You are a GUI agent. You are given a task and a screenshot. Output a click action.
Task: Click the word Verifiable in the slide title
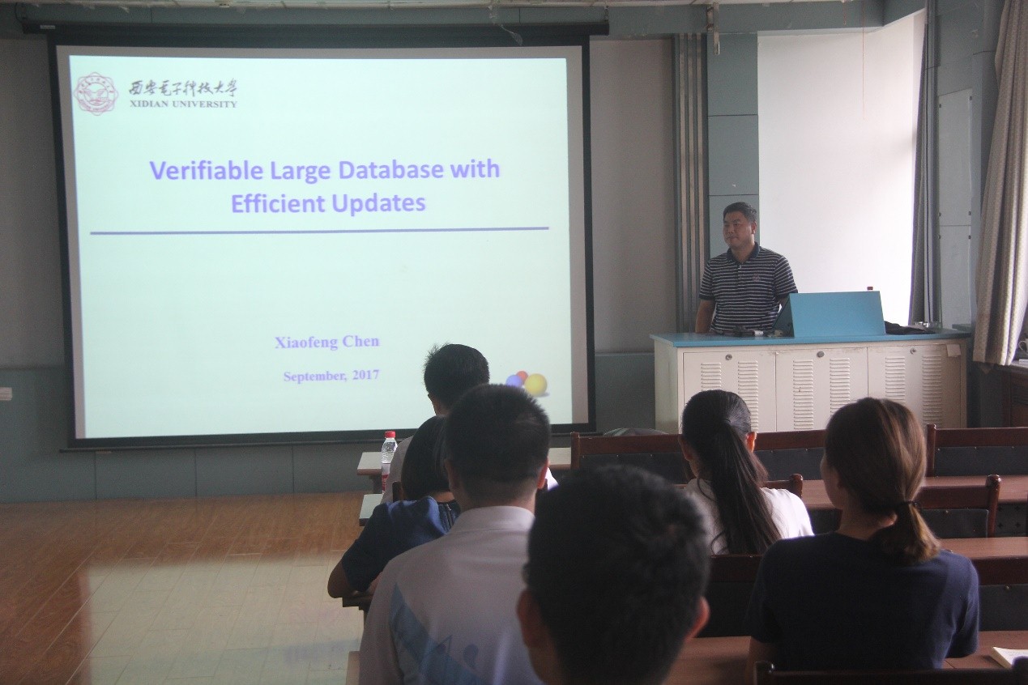point(207,171)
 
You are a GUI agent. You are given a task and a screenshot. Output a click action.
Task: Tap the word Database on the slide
point(391,169)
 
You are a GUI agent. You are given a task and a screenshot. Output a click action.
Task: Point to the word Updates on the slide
point(378,204)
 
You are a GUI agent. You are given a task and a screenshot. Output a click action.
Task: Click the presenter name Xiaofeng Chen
point(327,342)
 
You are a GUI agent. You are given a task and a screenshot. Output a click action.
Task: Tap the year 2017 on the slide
point(366,376)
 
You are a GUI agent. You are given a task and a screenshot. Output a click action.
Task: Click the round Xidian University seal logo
point(96,93)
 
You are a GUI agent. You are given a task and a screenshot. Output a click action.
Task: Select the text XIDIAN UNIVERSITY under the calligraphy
point(182,104)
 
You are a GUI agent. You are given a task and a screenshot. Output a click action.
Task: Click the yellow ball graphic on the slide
point(535,385)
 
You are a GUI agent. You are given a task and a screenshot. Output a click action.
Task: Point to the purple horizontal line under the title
point(319,231)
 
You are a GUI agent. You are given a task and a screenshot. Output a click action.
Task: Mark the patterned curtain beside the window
point(1001,184)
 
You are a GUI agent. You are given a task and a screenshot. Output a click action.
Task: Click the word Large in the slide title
point(301,172)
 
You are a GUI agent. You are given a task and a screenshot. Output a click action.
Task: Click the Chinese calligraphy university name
point(182,87)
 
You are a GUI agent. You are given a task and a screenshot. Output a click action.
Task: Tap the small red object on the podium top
point(869,288)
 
